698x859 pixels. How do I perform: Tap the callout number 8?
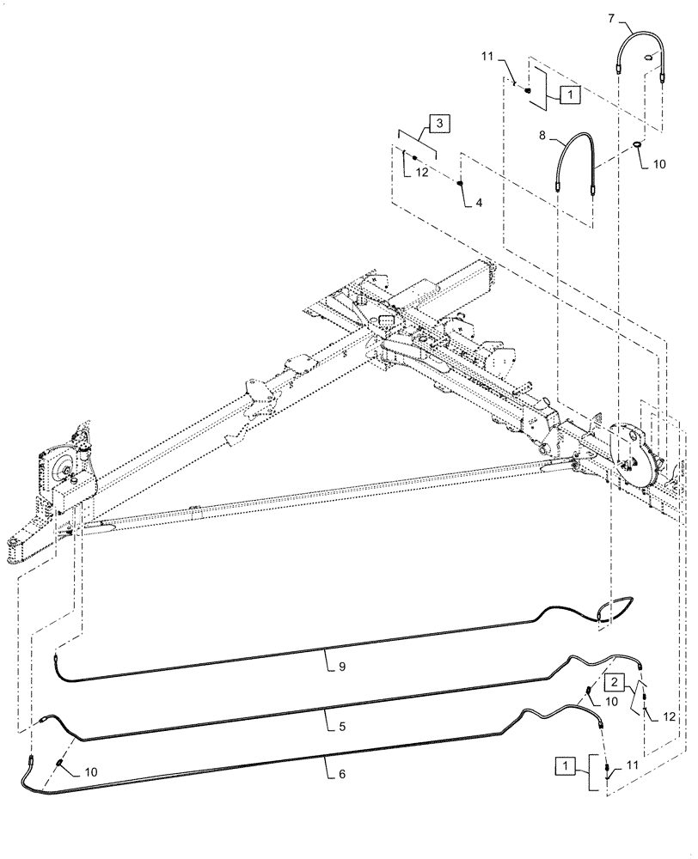coord(542,135)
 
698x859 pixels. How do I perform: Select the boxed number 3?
coord(438,125)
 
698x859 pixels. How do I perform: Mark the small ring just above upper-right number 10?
coord(640,143)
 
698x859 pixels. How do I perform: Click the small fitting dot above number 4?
coord(461,183)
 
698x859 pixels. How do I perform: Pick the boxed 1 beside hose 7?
coord(569,95)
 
